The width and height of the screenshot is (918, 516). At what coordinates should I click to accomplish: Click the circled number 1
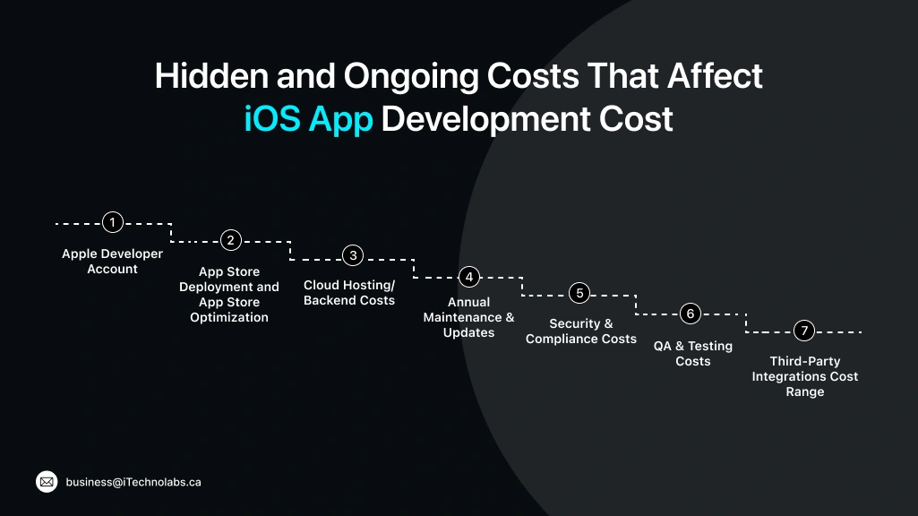point(112,222)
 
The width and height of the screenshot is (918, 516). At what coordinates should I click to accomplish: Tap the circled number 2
point(231,240)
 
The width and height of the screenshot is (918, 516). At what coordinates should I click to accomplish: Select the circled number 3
point(353,255)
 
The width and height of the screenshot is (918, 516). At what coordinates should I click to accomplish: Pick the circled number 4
point(468,277)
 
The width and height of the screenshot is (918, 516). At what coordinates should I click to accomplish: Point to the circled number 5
point(579,294)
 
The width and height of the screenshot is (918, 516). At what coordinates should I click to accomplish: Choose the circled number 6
point(690,314)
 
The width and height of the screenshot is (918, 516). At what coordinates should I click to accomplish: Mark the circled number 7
point(804,331)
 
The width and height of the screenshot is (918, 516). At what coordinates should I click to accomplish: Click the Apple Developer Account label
point(112,262)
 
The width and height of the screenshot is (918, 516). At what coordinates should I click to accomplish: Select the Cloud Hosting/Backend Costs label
point(349,293)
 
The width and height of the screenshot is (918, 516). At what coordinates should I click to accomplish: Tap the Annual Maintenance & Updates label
point(468,317)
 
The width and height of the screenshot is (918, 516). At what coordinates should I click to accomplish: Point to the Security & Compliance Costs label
point(580,331)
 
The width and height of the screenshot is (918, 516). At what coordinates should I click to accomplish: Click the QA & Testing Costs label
point(692,353)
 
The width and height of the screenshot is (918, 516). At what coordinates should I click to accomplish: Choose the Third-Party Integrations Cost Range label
point(804,376)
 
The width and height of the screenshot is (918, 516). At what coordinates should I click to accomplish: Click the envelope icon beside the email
point(47,482)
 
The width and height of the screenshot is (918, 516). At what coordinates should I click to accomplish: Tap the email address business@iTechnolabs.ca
point(133,482)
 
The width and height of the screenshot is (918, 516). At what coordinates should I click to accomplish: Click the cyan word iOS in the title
point(272,119)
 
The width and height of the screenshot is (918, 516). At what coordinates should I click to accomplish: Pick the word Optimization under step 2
point(229,317)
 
